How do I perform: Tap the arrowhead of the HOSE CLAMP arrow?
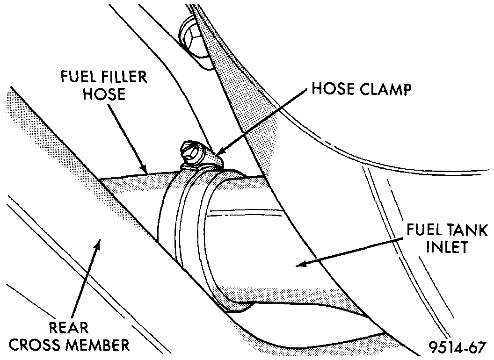point(217,153)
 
